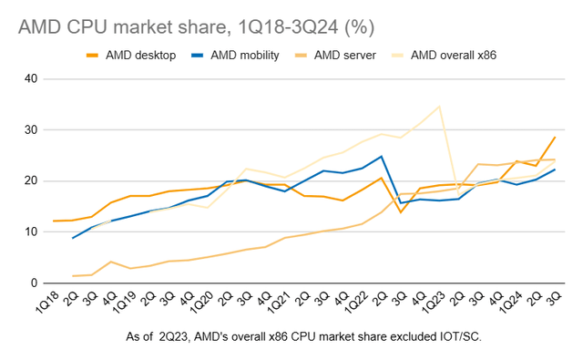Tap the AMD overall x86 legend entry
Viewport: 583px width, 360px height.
[x=452, y=57]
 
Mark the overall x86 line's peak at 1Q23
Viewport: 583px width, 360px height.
[x=440, y=106]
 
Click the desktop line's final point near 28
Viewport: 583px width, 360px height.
[x=556, y=137]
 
